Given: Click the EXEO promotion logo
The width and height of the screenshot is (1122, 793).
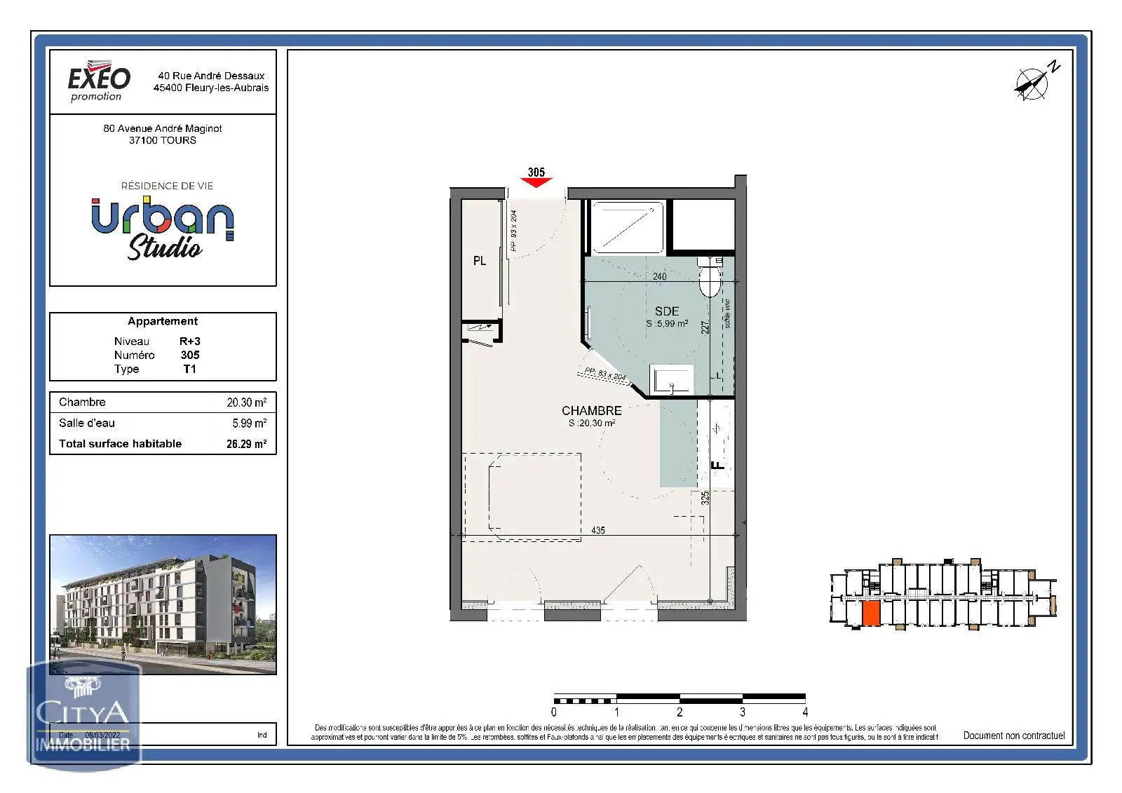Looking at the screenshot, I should coord(99,83).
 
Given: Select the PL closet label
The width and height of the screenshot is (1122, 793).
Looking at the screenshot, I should coord(480,261).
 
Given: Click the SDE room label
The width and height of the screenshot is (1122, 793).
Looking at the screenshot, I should coord(667,311).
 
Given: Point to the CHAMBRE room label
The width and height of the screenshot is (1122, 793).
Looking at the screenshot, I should coord(591,411).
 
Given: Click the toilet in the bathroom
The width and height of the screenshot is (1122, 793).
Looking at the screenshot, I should coord(710,277).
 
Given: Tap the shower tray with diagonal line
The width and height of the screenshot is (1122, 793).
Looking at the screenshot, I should coord(627,227).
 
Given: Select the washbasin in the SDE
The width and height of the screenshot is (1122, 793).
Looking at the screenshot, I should coord(671,379).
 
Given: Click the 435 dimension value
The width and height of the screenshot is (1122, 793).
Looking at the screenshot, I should coord(598,531).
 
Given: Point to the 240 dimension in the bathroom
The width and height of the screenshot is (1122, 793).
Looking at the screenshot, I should coord(660,277).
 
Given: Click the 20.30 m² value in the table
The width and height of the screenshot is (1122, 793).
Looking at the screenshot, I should coord(246,402).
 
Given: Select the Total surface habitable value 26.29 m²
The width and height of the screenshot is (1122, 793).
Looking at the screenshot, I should coord(246,444).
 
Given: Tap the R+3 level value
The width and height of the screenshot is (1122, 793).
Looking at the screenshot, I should coord(190,341).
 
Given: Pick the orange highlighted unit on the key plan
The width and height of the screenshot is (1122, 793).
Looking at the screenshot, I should coord(871,614).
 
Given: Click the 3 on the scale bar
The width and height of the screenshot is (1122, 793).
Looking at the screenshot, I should coord(743,712).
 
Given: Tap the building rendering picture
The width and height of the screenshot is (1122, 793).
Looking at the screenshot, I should coord(163,604).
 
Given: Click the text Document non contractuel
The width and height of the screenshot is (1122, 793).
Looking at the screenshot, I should coord(1013,736).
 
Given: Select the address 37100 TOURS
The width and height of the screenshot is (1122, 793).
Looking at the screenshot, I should coord(163,140).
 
